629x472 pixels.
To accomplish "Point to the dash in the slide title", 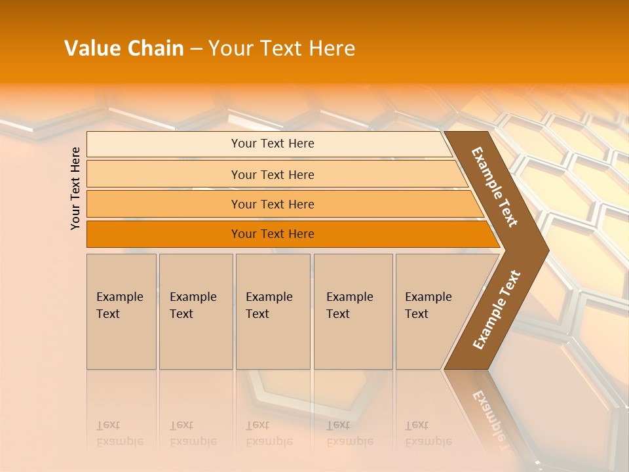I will coord(196,49).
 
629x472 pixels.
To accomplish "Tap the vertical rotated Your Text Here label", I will coord(75,188).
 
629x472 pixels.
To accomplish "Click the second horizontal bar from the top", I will coord(273,174).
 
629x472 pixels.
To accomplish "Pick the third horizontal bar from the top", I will coord(273,204).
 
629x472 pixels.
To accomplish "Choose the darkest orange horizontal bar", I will coord(273,234).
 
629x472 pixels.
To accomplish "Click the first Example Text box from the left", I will coord(121,311).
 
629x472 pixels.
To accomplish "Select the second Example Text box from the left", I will coord(195,311).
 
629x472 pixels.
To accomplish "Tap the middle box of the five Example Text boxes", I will coord(273,311).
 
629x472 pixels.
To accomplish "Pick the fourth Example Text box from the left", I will coord(353,311).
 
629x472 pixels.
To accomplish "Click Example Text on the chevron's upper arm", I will coord(495,187).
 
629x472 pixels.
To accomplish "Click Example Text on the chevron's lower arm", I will coord(496,310).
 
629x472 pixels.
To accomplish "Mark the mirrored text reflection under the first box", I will coord(120,433).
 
